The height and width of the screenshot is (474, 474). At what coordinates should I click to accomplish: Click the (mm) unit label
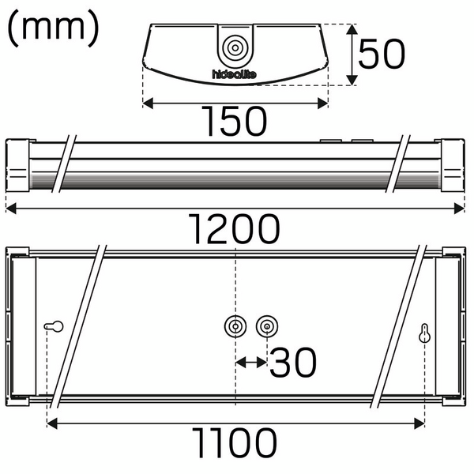(53, 30)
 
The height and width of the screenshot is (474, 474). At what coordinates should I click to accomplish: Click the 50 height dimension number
(382, 55)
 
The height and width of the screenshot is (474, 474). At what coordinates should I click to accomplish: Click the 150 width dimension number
(234, 121)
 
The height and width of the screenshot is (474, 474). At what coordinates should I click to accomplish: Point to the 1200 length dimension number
(235, 229)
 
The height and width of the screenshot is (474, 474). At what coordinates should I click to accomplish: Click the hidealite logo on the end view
(235, 75)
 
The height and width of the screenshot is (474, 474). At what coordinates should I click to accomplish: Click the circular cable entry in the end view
(235, 47)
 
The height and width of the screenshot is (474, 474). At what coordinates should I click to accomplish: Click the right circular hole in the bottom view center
(267, 326)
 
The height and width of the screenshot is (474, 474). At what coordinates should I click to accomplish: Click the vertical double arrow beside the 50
(351, 54)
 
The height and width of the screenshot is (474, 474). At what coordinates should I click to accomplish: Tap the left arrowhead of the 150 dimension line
(147, 102)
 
